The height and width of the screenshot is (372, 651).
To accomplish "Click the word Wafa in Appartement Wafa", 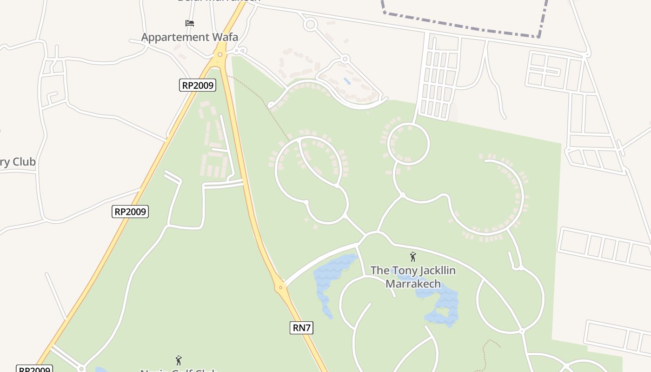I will pos(222,37).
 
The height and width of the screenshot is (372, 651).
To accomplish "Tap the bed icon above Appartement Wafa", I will pos(189,23).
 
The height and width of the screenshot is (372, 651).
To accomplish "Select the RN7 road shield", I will pos(301,328).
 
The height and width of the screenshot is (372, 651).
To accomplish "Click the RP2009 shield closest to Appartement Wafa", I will pos(198,85).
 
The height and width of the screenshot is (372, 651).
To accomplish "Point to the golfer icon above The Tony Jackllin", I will pos(412,257).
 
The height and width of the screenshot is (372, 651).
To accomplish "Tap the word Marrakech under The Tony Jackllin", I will pos(413,283).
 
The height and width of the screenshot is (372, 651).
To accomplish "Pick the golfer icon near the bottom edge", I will pos(179,360).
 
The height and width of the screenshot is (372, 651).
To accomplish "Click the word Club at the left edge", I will pos(24,162).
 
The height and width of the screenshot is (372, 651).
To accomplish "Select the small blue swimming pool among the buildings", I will pos(347,81).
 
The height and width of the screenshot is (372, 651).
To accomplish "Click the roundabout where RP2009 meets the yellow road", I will pos(219,55).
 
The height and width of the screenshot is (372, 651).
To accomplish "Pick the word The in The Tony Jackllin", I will pos(379,271).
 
